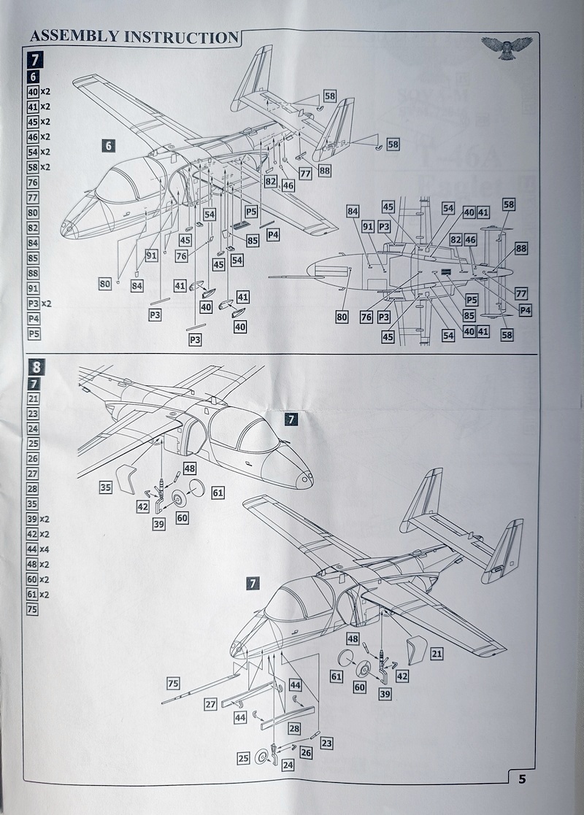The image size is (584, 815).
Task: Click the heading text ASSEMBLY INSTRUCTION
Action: point(134,36)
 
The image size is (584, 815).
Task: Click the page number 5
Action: point(521,778)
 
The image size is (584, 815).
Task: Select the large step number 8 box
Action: point(34,368)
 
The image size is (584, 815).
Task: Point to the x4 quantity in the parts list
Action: point(45,549)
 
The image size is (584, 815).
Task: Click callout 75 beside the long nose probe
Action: point(173,684)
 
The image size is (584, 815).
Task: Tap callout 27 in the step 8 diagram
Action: point(210,704)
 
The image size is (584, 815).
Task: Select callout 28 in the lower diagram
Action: point(294,729)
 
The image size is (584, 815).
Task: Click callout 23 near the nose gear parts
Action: point(326,743)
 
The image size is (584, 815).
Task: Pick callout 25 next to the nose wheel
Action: point(243,759)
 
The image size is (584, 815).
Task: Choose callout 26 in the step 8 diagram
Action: point(305,752)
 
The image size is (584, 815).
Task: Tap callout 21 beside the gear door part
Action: point(436,654)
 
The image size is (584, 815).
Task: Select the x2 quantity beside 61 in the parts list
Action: point(45,595)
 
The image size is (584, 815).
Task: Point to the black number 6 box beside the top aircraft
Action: point(108,146)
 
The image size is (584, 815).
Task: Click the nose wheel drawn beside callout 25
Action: point(261,757)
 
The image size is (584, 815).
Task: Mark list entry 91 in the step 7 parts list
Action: point(33,287)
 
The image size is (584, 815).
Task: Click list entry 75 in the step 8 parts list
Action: point(33,610)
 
